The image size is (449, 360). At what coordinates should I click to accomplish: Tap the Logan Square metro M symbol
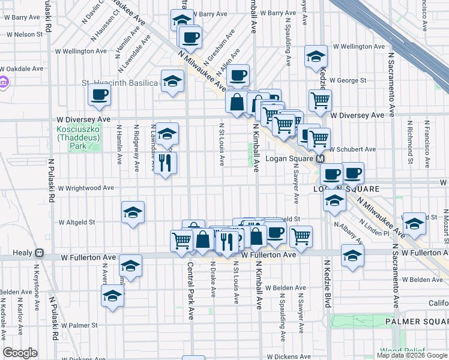(321, 159)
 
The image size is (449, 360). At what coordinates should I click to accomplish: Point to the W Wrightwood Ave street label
(86, 188)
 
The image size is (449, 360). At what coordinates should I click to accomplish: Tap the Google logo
(20, 353)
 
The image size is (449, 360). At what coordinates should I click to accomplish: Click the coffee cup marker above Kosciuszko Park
(99, 94)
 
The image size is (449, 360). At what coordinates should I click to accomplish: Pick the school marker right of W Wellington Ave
(316, 57)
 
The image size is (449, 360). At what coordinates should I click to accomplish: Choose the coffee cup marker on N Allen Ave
(238, 75)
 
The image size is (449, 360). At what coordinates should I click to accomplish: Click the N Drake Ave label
(213, 283)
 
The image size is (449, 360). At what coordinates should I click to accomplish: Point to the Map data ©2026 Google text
(411, 355)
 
